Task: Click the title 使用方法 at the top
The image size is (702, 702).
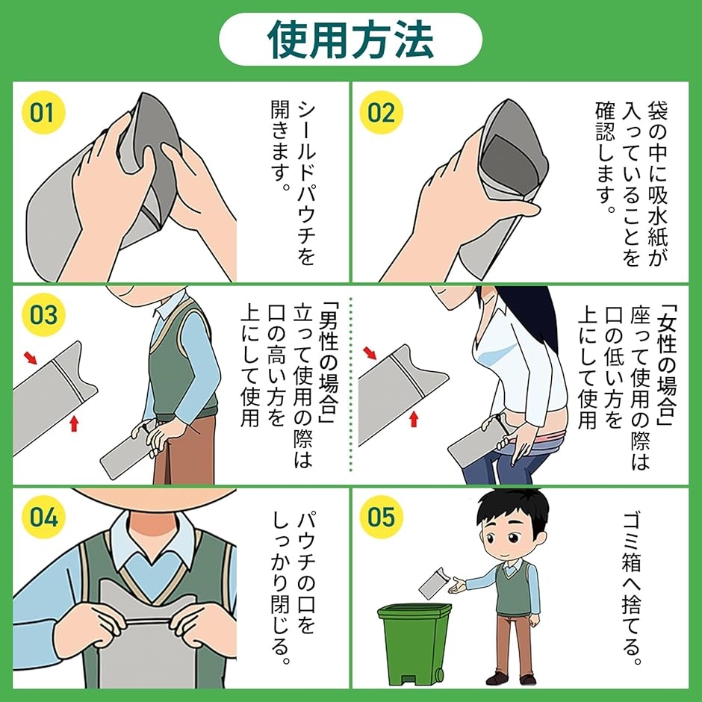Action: click(350, 40)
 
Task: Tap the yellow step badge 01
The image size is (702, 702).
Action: click(43, 112)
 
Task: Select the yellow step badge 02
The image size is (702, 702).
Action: click(382, 112)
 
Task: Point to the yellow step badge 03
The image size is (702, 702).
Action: click(43, 314)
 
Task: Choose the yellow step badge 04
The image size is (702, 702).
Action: click(43, 517)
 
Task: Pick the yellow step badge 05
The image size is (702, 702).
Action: click(382, 517)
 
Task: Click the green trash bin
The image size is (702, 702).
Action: click(414, 644)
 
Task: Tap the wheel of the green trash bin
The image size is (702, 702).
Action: click(439, 674)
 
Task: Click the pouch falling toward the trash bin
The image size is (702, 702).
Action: click(433, 583)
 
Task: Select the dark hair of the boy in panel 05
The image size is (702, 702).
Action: click(512, 510)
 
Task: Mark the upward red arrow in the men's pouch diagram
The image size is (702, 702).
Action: click(75, 423)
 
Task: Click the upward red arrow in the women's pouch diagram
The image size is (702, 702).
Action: click(414, 419)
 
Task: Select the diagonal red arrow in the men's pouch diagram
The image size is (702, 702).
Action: click(31, 357)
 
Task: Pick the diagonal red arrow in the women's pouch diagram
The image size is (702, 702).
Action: click(370, 353)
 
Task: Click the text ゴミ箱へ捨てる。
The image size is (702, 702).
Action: click(633, 588)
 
